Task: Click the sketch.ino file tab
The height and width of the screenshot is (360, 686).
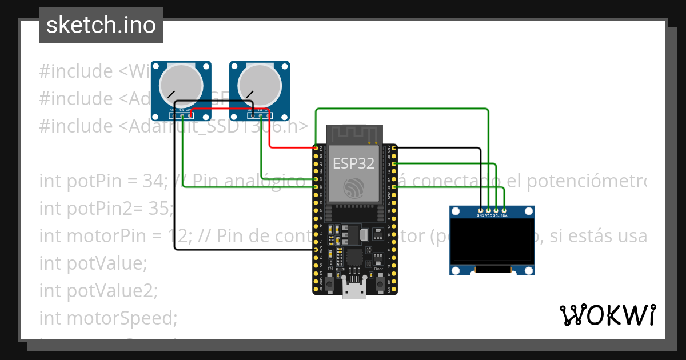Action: tap(101, 25)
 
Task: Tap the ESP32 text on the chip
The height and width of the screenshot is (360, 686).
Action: tap(353, 163)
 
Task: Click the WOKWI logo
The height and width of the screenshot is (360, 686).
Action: tap(607, 315)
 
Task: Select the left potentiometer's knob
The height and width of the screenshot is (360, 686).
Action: tap(181, 83)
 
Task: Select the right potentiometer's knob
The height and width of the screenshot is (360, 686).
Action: tap(260, 83)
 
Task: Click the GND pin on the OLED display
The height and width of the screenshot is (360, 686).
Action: tap(480, 211)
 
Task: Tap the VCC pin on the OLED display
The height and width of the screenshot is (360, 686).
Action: tap(488, 211)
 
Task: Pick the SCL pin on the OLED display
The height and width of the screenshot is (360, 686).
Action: tap(496, 211)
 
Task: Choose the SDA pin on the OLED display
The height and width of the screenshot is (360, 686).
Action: tap(504, 211)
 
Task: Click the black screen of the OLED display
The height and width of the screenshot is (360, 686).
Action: tap(492, 241)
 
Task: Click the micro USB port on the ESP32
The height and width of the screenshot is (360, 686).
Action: tap(354, 290)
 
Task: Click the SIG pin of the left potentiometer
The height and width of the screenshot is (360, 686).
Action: tap(182, 115)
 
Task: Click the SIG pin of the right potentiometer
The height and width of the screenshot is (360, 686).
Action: tap(261, 115)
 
